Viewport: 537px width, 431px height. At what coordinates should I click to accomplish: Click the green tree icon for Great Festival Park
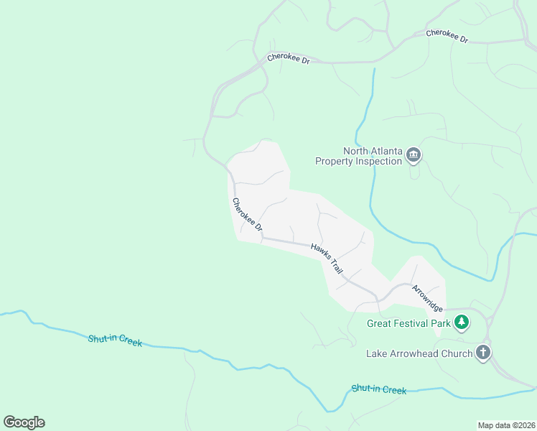462,323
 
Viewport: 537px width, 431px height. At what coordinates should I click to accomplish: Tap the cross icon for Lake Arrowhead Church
483,353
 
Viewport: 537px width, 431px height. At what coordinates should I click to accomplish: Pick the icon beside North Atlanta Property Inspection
414,155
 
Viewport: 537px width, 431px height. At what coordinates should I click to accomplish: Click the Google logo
24,422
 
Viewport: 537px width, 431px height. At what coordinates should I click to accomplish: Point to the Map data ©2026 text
506,425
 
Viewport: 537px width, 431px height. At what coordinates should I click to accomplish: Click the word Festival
411,324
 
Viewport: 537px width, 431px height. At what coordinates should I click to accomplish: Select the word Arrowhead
422,353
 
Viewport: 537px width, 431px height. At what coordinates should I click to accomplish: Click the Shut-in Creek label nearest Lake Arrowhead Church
379,389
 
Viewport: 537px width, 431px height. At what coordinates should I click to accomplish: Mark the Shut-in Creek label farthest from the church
115,340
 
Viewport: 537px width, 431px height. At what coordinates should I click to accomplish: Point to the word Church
458,353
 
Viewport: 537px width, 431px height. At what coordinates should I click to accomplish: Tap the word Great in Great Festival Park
378,324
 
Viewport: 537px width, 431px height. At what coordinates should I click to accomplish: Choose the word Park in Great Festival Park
441,324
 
